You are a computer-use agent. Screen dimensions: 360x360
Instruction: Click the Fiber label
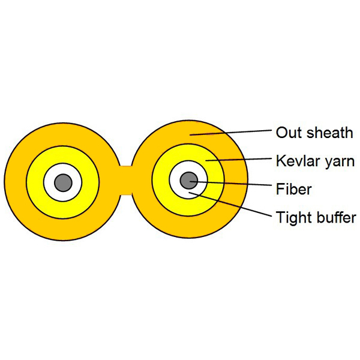click(294, 190)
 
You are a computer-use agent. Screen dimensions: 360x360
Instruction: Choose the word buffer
click(335, 217)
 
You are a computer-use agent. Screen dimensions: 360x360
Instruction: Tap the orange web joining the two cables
click(125, 180)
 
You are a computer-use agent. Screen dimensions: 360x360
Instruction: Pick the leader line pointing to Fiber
click(234, 184)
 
